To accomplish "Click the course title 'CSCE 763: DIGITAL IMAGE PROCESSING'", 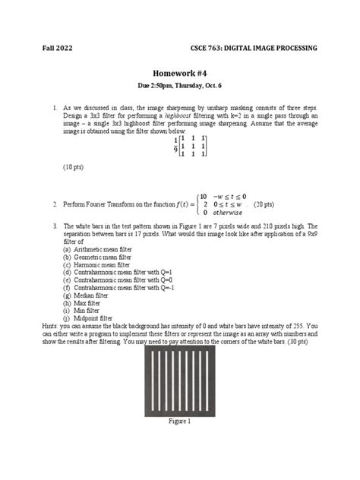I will point(254,49).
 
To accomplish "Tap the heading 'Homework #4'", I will point(180,86).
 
